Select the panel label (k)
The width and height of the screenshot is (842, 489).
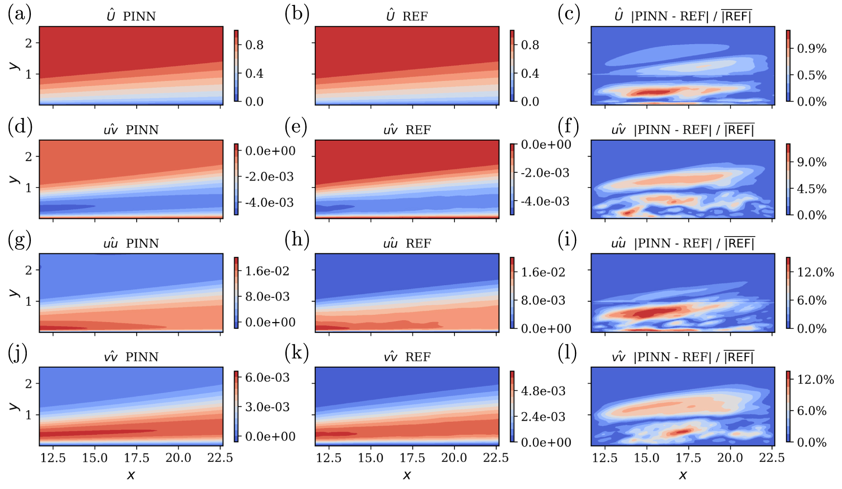[x=296, y=353]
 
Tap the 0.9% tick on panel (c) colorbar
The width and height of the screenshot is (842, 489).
[x=812, y=49]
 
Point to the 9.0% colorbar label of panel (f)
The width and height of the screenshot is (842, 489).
[x=812, y=162]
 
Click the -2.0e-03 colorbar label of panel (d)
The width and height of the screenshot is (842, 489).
[x=269, y=176]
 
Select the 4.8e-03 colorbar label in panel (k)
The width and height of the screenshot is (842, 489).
[x=543, y=391]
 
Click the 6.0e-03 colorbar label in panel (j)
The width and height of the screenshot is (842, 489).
[x=267, y=377]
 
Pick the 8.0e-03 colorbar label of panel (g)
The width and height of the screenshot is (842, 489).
[x=267, y=297]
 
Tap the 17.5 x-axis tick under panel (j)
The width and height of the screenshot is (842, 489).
[x=136, y=458]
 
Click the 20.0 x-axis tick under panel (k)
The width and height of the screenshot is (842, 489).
[x=454, y=458]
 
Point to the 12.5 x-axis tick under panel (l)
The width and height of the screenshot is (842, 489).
[x=605, y=458]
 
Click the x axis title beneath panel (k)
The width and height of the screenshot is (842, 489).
[x=407, y=475]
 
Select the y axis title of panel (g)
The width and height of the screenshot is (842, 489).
[x=14, y=292]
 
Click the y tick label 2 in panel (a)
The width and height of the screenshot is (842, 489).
[x=29, y=43]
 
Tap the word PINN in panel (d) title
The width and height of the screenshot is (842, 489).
[x=142, y=130]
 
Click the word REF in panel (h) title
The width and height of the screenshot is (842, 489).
[x=418, y=244]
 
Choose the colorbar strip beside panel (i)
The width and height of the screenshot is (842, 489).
[x=788, y=293]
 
